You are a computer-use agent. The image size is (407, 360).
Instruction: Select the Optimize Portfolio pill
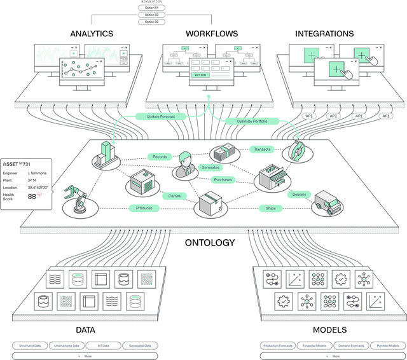coord(251,121)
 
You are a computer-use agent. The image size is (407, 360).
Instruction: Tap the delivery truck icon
coord(326,205)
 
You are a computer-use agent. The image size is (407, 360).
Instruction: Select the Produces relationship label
coord(144,208)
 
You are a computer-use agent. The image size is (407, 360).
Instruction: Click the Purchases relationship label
coord(223,179)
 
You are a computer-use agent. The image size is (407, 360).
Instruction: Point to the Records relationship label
coord(160,156)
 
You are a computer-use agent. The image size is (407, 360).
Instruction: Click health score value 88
coord(32,197)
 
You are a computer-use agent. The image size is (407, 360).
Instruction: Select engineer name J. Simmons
coord(36,172)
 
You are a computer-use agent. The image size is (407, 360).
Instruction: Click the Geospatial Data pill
coord(139,346)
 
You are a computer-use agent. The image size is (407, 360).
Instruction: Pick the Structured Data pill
coord(30,346)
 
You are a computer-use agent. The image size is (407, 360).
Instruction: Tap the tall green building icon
coord(104,153)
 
